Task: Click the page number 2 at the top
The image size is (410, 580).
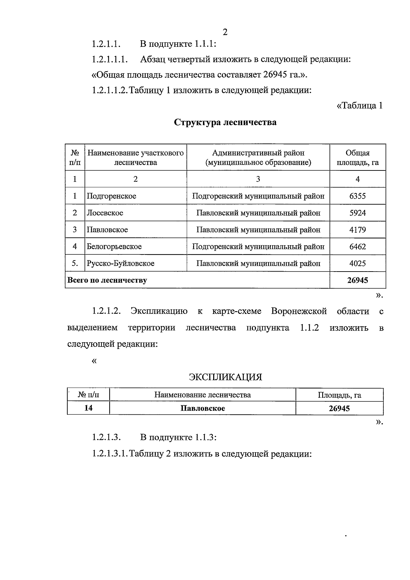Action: pyautogui.click(x=225, y=32)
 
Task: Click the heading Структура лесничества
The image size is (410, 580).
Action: pyautogui.click(x=225, y=122)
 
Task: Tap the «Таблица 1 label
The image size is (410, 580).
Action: pyautogui.click(x=359, y=106)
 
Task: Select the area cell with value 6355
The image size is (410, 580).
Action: pyautogui.click(x=357, y=196)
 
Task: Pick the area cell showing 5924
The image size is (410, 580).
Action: pyautogui.click(x=357, y=213)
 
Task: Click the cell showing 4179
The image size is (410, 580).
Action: pyautogui.click(x=357, y=230)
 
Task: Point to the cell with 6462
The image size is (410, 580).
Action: pyautogui.click(x=357, y=247)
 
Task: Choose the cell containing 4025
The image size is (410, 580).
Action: pyautogui.click(x=357, y=263)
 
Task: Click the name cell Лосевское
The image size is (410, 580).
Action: pyautogui.click(x=105, y=213)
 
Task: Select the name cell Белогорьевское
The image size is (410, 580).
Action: pyautogui.click(x=114, y=247)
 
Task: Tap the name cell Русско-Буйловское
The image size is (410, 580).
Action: pyautogui.click(x=120, y=263)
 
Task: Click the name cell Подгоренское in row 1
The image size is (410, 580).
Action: pyautogui.click(x=111, y=196)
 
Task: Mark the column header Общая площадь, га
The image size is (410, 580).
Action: pyautogui.click(x=357, y=157)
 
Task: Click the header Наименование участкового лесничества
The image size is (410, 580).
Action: pyautogui.click(x=136, y=157)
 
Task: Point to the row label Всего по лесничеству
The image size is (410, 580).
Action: pyautogui.click(x=107, y=280)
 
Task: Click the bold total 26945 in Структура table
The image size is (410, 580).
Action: pyautogui.click(x=357, y=280)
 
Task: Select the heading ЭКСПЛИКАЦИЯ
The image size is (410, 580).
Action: pyautogui.click(x=225, y=377)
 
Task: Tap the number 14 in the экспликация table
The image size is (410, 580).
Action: pyautogui.click(x=88, y=408)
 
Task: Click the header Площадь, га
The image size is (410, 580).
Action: pyautogui.click(x=339, y=395)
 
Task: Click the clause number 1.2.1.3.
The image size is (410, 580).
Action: pyautogui.click(x=107, y=438)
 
